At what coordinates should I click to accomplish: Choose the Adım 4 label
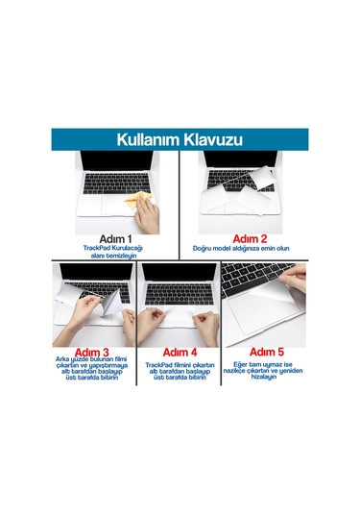[x=180, y=352]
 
